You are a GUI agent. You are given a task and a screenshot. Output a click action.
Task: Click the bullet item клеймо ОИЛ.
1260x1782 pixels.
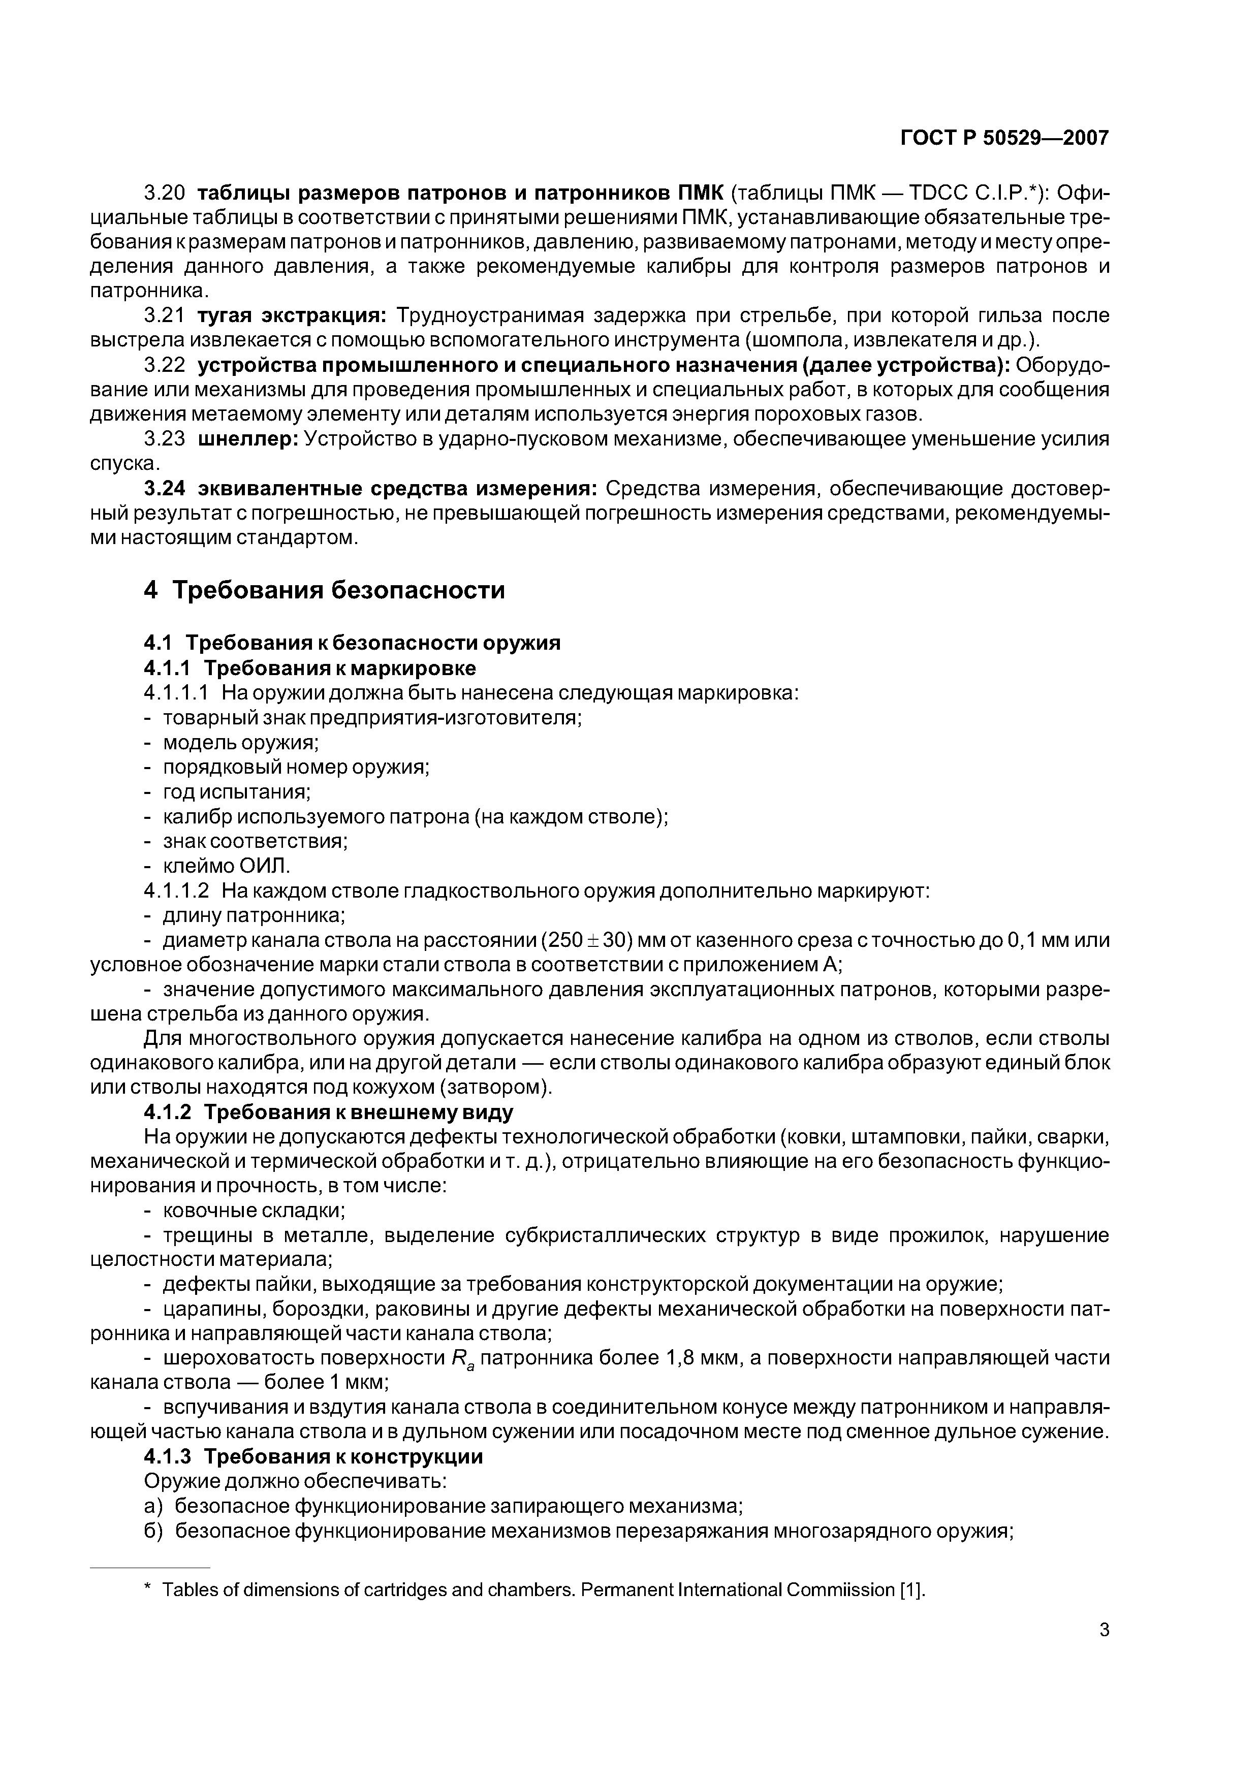click(x=226, y=866)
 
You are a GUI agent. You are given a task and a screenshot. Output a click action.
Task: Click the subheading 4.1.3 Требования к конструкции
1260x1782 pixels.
click(x=313, y=1457)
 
